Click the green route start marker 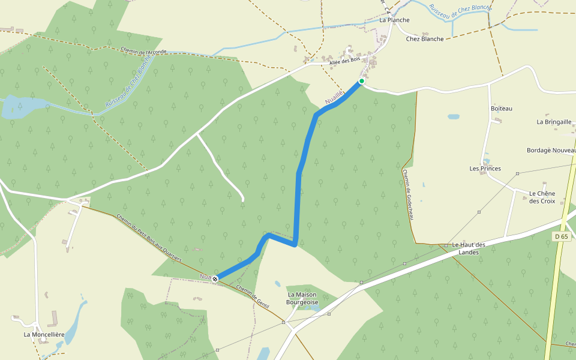click(x=361, y=81)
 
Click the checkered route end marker click(x=215, y=278)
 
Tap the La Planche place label click(x=394, y=20)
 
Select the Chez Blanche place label click(x=425, y=39)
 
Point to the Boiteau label click(x=502, y=109)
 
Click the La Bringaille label click(x=554, y=122)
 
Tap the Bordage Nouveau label click(x=551, y=151)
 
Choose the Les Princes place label click(x=485, y=169)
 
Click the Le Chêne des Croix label click(x=542, y=197)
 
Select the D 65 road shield click(x=560, y=237)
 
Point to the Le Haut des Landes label click(x=469, y=248)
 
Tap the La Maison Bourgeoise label click(x=306, y=298)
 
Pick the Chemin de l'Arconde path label click(x=143, y=52)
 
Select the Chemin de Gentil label click(x=253, y=297)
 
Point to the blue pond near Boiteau click(x=454, y=116)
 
